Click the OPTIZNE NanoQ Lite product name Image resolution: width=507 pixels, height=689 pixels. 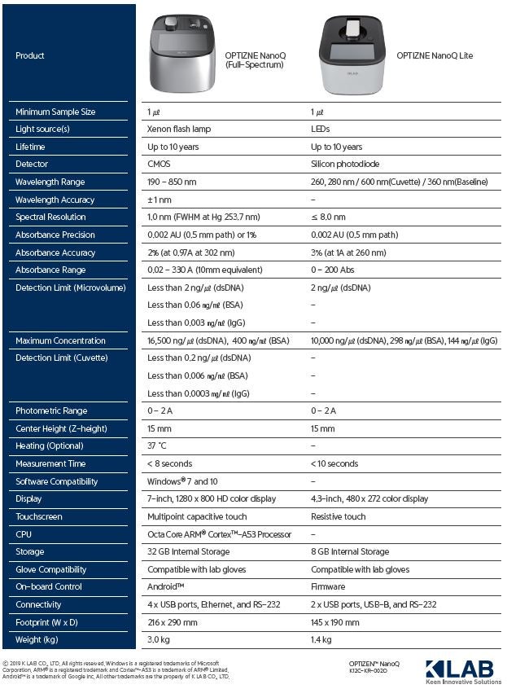(x=434, y=55)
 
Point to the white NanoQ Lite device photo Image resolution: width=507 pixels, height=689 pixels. (x=353, y=55)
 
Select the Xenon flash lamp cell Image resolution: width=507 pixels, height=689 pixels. (x=178, y=129)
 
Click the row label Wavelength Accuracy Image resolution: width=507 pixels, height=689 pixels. (x=55, y=200)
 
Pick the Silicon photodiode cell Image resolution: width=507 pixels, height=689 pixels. (x=345, y=165)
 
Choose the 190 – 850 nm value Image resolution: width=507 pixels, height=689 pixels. (x=173, y=182)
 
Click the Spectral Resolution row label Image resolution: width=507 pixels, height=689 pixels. (x=50, y=217)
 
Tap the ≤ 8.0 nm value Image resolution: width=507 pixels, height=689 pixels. (x=328, y=217)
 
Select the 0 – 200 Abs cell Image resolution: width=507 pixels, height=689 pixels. (x=334, y=270)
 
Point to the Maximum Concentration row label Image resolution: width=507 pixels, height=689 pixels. (x=60, y=340)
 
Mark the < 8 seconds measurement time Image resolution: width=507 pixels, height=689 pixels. (x=169, y=463)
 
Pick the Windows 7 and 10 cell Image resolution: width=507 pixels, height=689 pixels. (x=182, y=481)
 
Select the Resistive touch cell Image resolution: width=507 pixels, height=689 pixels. (x=339, y=516)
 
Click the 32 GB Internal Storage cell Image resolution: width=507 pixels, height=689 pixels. (x=186, y=552)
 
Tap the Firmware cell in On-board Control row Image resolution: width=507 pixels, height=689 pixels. (x=328, y=586)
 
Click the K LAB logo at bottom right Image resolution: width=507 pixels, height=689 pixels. (x=458, y=669)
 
